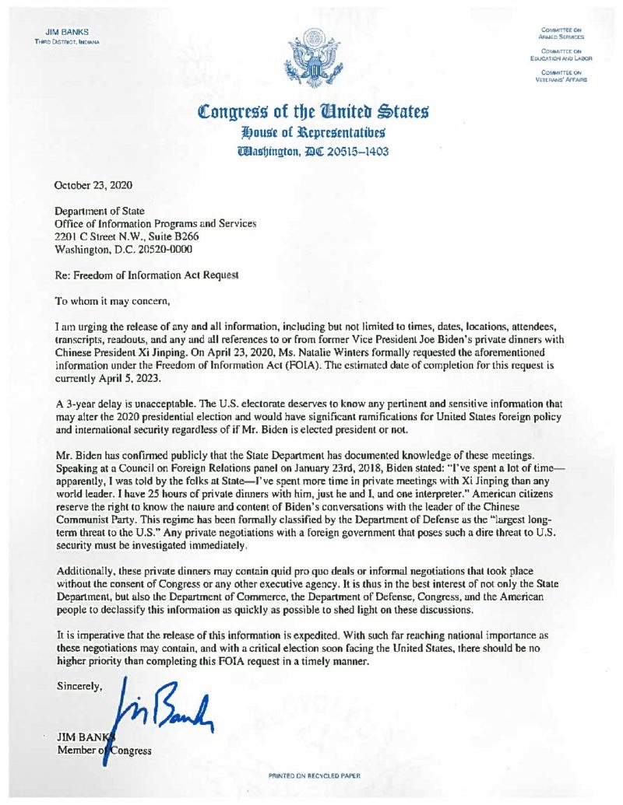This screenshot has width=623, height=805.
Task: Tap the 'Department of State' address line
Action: click(x=99, y=211)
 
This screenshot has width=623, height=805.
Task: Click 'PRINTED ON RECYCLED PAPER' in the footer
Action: click(x=315, y=776)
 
